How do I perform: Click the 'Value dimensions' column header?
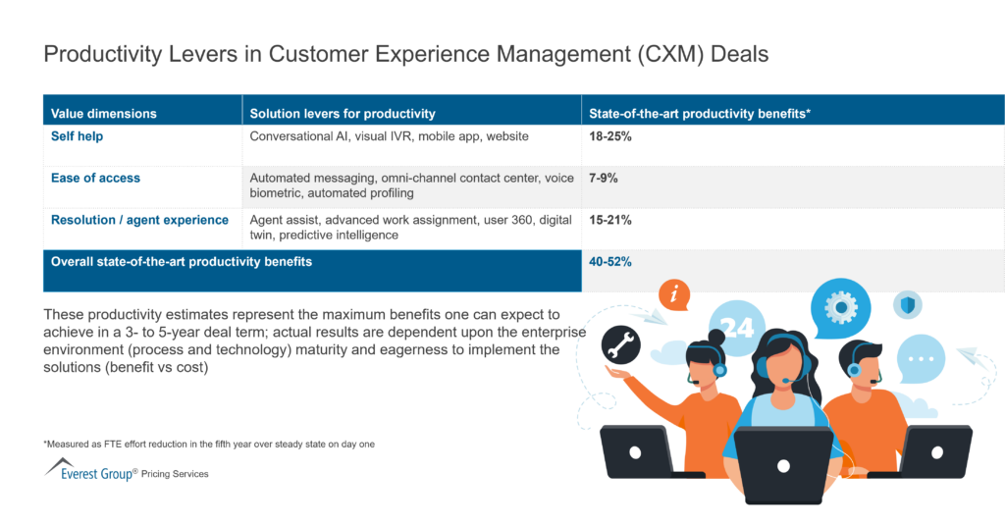click(103, 114)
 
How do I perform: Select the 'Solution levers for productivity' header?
click(343, 114)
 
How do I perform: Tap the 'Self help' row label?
click(77, 135)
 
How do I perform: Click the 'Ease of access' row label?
click(95, 178)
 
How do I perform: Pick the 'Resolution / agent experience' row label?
click(139, 220)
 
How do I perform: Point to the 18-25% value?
click(610, 135)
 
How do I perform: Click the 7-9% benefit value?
click(604, 178)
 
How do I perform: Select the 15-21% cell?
click(610, 220)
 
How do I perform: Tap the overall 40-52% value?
click(610, 262)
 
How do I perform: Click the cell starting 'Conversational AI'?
click(389, 135)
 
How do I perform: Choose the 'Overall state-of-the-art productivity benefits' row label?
click(181, 262)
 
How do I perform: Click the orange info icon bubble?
click(673, 293)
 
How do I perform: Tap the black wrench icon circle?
click(620, 343)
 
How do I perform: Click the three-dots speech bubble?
click(920, 359)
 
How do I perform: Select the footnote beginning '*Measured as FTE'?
click(209, 444)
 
